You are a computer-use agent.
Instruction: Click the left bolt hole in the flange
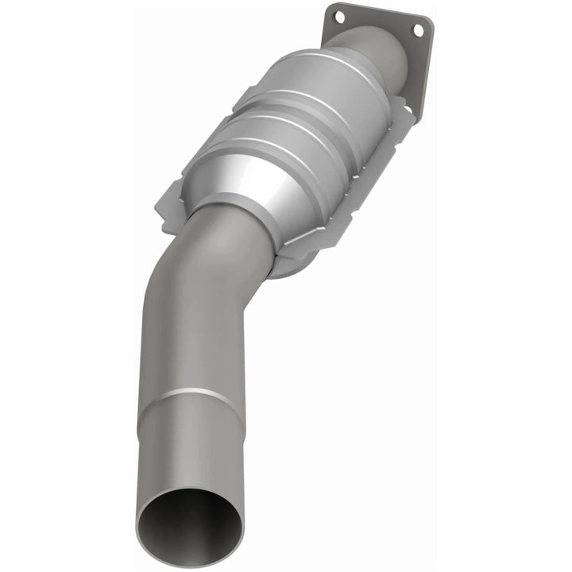(x=339, y=16)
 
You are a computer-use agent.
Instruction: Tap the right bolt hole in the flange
(x=417, y=29)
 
